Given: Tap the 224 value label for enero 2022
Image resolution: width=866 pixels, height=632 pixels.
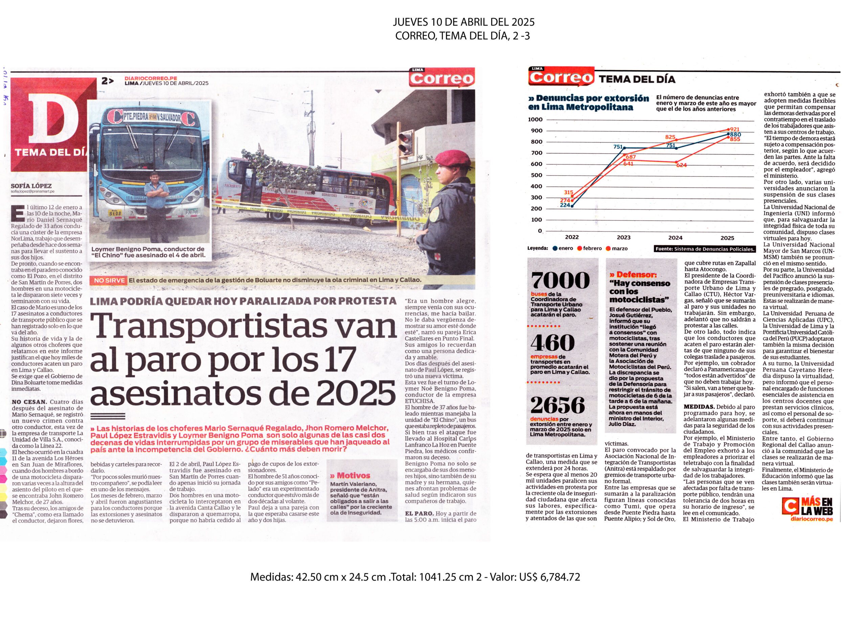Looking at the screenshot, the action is [565, 205].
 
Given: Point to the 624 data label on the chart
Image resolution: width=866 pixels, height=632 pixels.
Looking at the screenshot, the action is [681, 165].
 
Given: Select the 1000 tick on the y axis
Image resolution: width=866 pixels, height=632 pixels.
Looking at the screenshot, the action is [535, 119].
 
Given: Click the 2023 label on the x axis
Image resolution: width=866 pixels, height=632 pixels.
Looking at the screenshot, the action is [624, 238].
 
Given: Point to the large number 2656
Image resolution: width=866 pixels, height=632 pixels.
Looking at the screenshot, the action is [558, 405].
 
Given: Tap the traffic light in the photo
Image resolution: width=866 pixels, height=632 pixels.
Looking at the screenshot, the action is [406, 143].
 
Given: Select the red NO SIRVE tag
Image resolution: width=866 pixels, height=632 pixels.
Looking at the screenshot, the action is [110, 280].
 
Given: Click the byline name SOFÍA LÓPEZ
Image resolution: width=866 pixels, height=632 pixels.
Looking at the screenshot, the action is [31, 186].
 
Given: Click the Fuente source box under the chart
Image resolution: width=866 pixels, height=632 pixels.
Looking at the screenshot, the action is [705, 249].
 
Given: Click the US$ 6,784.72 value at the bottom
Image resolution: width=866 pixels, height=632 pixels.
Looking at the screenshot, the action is [549, 577].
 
